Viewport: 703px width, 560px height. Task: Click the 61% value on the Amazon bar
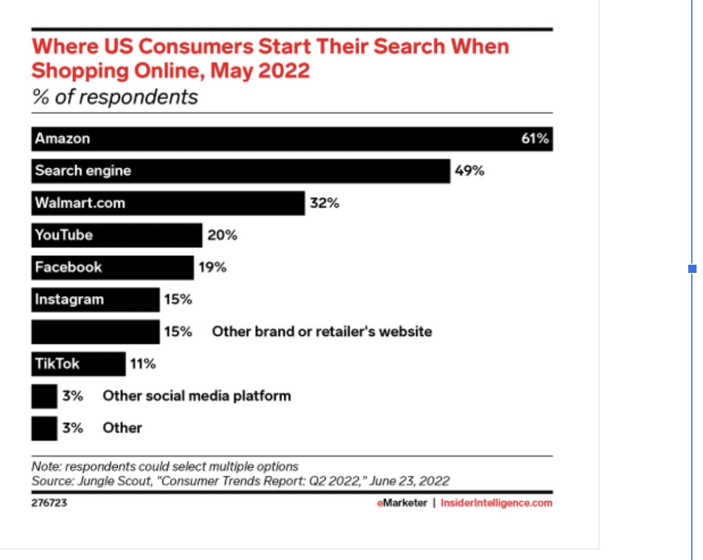click(x=535, y=139)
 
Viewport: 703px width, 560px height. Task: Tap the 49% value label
click(x=469, y=171)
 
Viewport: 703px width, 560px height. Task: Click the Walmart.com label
click(x=79, y=204)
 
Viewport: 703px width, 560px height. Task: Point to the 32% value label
click(x=325, y=204)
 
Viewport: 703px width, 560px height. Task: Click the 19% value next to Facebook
click(x=213, y=268)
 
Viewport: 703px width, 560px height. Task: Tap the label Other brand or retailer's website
click(x=321, y=332)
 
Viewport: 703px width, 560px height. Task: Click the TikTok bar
click(x=78, y=364)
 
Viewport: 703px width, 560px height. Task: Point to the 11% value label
click(x=142, y=364)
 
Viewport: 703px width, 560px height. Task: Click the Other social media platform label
click(x=197, y=396)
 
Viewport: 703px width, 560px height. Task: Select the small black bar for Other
click(x=44, y=428)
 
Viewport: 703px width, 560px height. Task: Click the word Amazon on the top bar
click(x=62, y=139)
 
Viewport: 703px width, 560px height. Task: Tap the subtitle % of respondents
click(x=115, y=97)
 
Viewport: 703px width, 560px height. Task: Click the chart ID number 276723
click(x=49, y=504)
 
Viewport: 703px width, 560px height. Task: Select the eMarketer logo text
click(x=402, y=504)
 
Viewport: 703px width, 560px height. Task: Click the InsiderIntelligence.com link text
click(x=496, y=504)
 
